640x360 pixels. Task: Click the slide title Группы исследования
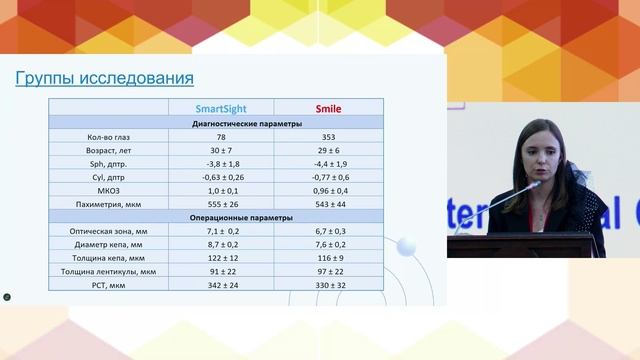pos(105,79)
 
